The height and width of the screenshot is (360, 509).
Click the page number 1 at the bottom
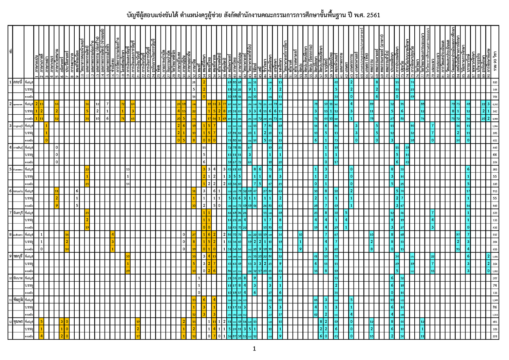tap(254, 349)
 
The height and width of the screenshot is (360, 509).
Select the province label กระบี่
tap(18, 82)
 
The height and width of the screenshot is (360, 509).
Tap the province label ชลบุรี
tap(18, 256)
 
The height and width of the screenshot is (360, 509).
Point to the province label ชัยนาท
tap(18, 278)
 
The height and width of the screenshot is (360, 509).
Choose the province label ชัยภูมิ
tap(18, 300)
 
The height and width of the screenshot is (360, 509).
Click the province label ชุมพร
tap(18, 321)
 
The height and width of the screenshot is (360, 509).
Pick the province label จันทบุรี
tap(18, 213)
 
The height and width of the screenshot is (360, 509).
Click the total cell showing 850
tap(495, 82)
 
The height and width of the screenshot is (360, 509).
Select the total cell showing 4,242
tap(495, 104)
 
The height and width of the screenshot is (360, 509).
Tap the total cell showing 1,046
tap(495, 126)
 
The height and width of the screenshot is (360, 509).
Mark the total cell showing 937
tap(495, 235)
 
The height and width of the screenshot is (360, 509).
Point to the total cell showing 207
tap(495, 278)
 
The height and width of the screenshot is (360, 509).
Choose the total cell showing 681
tap(495, 322)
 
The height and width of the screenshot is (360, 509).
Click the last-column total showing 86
tap(495, 307)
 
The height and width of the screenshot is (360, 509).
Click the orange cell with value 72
tap(122, 104)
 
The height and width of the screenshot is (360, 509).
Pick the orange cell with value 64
tap(133, 104)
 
